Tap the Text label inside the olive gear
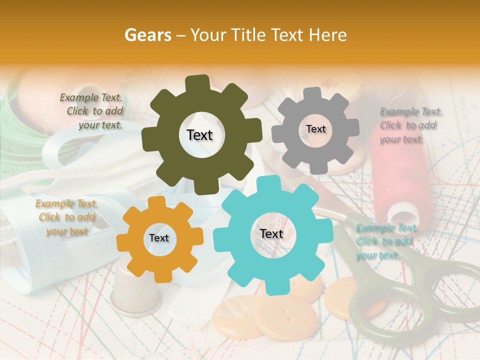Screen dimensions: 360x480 [199, 135]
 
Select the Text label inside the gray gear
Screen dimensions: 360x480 [315, 129]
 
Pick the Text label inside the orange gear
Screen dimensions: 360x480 [159, 238]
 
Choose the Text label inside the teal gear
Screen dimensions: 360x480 [271, 233]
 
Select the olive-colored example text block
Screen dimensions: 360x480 [92, 111]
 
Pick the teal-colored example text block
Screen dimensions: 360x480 [385, 241]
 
